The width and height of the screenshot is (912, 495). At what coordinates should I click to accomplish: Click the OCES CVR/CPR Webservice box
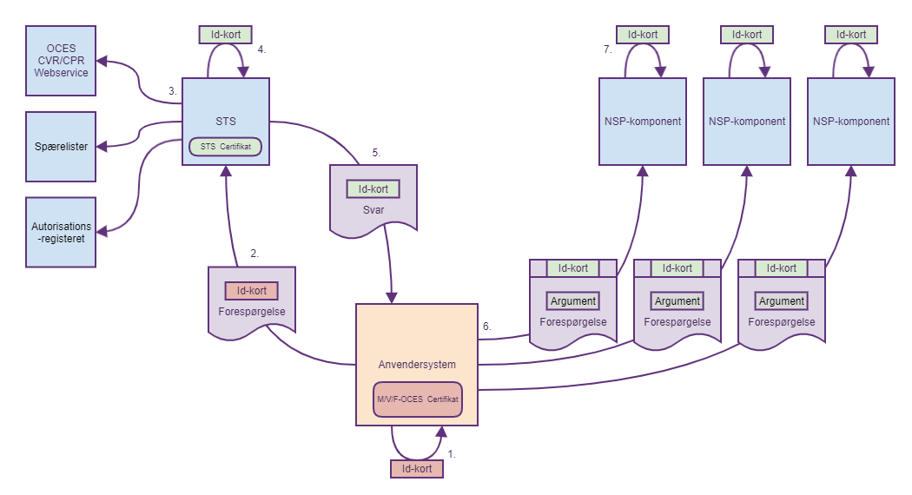pyautogui.click(x=60, y=60)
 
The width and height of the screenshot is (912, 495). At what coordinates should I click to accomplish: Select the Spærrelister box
pyautogui.click(x=60, y=146)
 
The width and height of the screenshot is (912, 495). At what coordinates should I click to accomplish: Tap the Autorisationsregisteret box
pyautogui.click(x=60, y=232)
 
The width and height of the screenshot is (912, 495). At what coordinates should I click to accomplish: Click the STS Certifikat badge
pyautogui.click(x=225, y=147)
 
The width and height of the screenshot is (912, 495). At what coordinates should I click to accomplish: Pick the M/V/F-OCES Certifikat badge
pyautogui.click(x=417, y=399)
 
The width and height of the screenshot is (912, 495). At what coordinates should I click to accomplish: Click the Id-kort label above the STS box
pyautogui.click(x=226, y=35)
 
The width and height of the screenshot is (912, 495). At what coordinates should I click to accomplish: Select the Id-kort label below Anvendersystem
pyautogui.click(x=417, y=469)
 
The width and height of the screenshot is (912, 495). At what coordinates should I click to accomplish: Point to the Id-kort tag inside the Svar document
pyautogui.click(x=373, y=188)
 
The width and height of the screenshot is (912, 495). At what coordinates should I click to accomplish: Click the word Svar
pyautogui.click(x=373, y=209)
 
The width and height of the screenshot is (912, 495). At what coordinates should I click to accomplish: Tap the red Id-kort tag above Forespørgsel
pyautogui.click(x=252, y=291)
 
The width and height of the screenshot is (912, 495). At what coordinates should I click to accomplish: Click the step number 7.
pyautogui.click(x=608, y=49)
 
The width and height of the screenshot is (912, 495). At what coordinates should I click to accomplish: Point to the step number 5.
pyautogui.click(x=376, y=153)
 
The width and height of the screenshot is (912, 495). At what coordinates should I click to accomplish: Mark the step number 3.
pyautogui.click(x=173, y=90)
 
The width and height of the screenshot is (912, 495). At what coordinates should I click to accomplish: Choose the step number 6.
pyautogui.click(x=487, y=327)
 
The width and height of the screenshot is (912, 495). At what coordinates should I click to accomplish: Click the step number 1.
pyautogui.click(x=451, y=453)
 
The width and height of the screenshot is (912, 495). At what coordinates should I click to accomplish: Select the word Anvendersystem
pyautogui.click(x=417, y=364)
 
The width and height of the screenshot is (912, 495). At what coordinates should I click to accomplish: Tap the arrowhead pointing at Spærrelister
pyautogui.click(x=101, y=145)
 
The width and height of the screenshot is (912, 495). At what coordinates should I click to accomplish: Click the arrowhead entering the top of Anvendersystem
pyautogui.click(x=392, y=298)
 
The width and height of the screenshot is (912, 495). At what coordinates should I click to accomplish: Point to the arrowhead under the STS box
pyautogui.click(x=226, y=171)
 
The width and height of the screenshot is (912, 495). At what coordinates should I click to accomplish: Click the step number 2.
pyautogui.click(x=254, y=254)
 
